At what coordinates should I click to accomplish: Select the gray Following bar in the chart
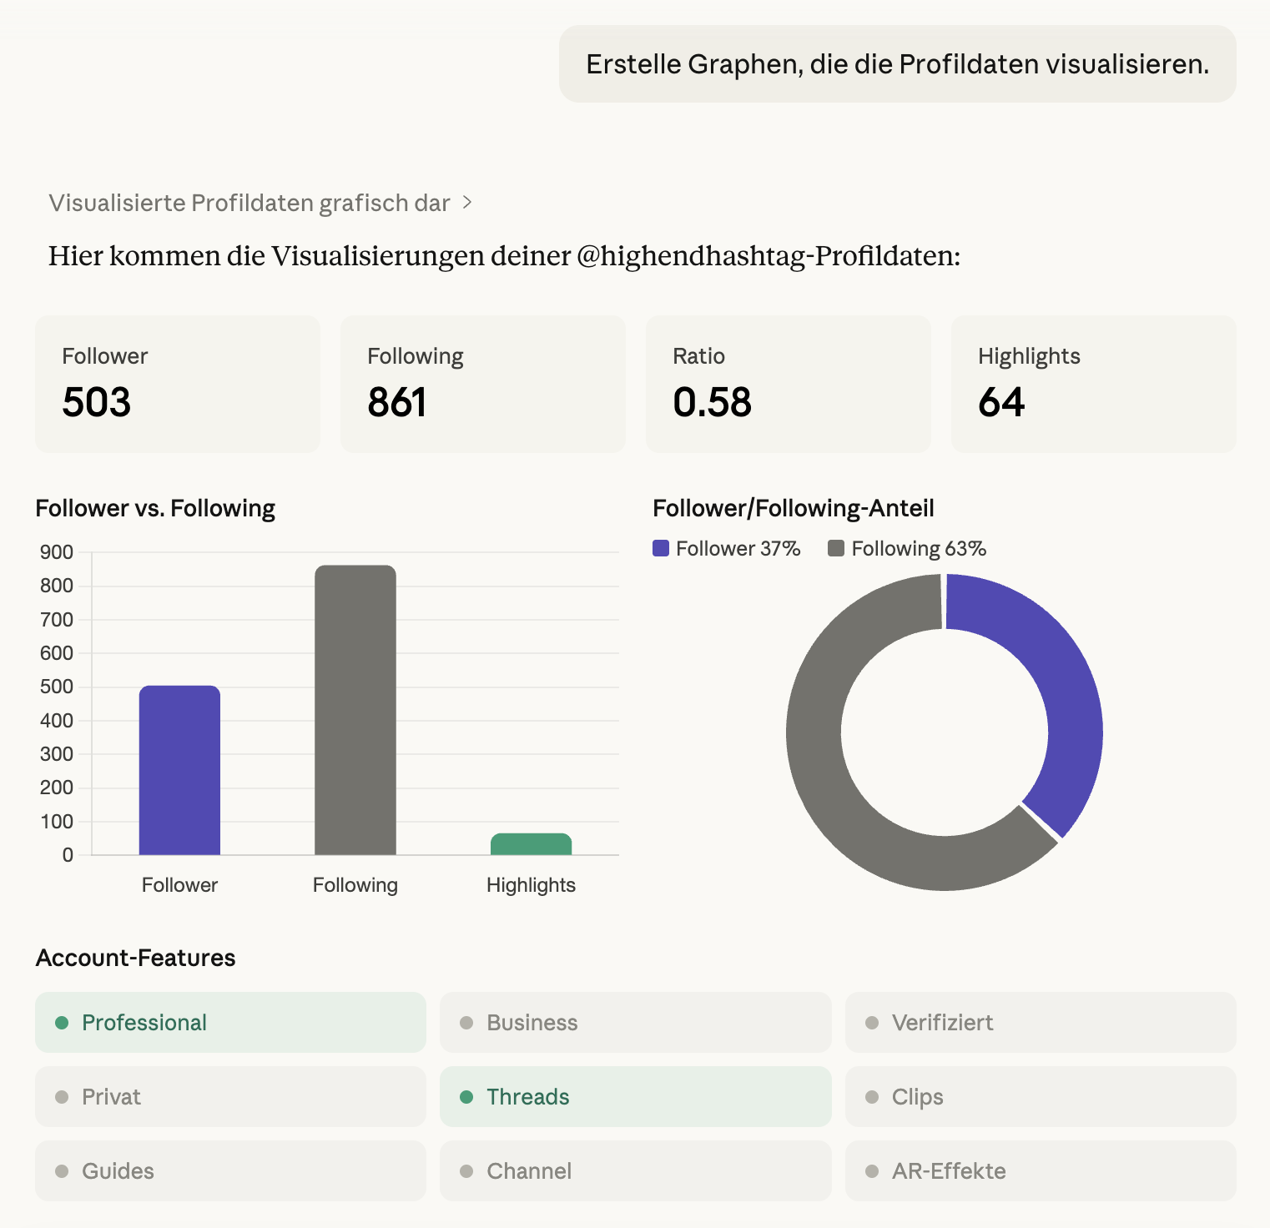(355, 710)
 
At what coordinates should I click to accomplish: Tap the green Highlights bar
(531, 844)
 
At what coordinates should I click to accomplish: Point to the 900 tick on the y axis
(57, 552)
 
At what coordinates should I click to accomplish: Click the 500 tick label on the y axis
(57, 687)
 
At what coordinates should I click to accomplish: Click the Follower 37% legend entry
(727, 549)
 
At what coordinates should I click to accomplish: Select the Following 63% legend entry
(908, 549)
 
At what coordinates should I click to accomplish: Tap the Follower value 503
(97, 402)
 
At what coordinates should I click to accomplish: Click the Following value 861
(397, 402)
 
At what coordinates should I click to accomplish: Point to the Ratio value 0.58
(712, 402)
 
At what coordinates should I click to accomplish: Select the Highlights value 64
(1001, 402)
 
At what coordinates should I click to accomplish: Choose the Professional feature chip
(230, 1023)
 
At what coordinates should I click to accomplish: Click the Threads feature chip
(635, 1097)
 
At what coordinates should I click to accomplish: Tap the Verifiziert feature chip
(1040, 1023)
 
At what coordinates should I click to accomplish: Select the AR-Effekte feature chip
(1040, 1171)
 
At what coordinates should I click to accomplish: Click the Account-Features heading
(136, 958)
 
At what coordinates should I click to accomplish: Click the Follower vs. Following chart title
(155, 508)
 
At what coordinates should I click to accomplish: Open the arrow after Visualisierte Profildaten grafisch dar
(468, 203)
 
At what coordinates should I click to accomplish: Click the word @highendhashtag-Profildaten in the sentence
(768, 255)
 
